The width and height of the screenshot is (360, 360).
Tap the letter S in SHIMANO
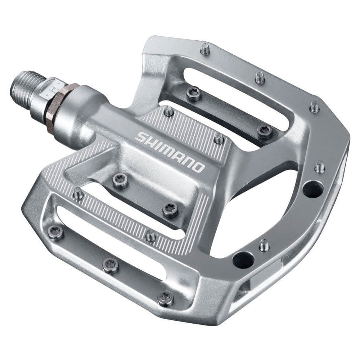[141, 136]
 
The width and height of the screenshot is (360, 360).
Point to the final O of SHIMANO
[198, 167]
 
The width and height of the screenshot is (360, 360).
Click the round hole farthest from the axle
[312, 189]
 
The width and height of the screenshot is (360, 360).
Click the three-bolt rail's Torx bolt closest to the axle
[56, 233]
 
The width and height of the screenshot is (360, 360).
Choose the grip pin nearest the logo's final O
[219, 139]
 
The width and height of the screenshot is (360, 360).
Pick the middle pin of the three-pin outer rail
[260, 77]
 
